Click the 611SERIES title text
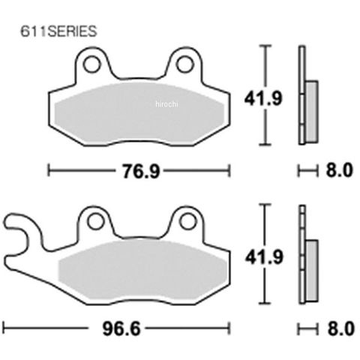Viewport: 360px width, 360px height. click(58, 31)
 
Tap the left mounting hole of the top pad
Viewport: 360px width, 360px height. click(92, 64)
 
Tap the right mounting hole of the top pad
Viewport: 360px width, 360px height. click(184, 64)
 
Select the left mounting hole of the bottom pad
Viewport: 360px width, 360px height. click(96, 221)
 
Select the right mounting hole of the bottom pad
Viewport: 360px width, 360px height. click(188, 221)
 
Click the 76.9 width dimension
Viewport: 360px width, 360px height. click(141, 172)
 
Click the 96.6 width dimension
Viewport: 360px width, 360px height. click(121, 328)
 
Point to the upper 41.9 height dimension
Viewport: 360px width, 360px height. click(263, 98)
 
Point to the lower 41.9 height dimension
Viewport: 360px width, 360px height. click(264, 257)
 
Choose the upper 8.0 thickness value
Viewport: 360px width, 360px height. click(339, 170)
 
